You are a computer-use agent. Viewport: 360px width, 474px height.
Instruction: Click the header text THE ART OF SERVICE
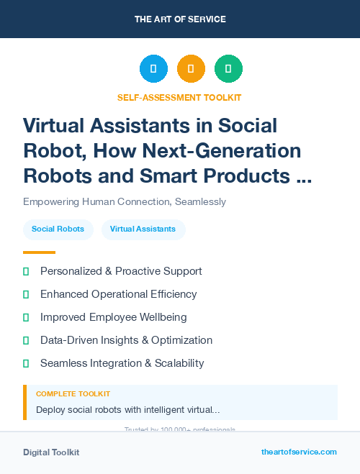180,19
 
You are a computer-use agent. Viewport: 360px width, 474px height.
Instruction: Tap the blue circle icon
153,69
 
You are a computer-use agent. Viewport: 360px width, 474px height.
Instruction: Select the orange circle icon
191,69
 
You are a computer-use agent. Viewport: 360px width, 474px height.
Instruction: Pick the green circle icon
228,69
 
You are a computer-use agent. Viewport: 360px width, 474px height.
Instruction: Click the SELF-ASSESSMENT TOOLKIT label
180,97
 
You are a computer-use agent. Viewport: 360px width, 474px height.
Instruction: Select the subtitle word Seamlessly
199,202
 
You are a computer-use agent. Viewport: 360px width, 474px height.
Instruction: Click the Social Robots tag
58,229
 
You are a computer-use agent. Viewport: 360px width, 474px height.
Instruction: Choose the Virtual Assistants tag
143,229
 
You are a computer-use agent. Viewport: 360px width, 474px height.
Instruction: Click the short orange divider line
39,252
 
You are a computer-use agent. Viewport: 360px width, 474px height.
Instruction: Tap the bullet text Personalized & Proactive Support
121,271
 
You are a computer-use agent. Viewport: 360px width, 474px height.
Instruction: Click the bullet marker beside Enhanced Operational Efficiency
26,294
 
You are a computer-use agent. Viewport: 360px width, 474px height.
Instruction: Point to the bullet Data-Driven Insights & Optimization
126,340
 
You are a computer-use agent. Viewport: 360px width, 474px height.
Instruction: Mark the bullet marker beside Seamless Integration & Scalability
26,363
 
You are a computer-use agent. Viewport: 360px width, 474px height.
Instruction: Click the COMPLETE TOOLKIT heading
73,394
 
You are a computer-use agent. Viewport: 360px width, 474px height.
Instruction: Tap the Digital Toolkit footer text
51,452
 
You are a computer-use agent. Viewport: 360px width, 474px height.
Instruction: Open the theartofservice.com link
299,452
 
